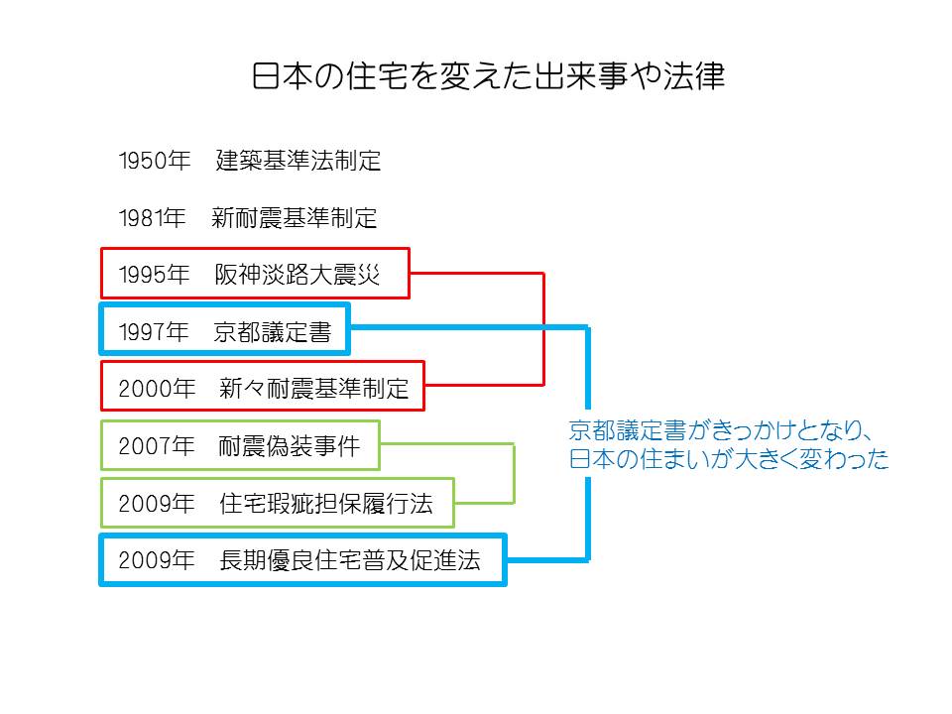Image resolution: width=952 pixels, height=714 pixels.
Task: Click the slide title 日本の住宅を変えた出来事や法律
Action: click(x=488, y=77)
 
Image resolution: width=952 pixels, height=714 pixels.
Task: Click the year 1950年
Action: click(x=154, y=162)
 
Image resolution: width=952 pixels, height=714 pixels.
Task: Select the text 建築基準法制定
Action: click(x=298, y=162)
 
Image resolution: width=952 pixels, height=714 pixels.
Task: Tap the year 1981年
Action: click(x=154, y=218)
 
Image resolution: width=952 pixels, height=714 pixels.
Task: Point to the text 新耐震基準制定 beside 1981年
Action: click(x=295, y=218)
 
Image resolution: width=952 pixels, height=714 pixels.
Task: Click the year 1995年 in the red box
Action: click(x=154, y=275)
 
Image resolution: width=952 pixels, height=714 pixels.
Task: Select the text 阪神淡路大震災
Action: click(x=297, y=275)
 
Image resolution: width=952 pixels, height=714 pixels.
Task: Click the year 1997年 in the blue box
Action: click(x=154, y=332)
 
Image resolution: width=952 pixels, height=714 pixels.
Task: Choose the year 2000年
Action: click(x=158, y=389)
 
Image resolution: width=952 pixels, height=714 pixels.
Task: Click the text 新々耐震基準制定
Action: click(x=314, y=389)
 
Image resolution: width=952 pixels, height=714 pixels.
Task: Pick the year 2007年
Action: click(x=158, y=447)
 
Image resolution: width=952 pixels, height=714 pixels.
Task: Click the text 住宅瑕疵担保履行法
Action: click(x=326, y=504)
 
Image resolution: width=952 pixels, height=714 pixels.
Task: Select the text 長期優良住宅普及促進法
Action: click(x=350, y=561)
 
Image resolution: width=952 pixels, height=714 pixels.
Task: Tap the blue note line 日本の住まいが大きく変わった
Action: click(x=729, y=460)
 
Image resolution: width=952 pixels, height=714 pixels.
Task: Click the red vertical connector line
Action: click(x=543, y=327)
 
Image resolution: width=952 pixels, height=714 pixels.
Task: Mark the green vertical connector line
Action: click(x=514, y=473)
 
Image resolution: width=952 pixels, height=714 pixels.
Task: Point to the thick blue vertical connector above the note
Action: click(x=588, y=367)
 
